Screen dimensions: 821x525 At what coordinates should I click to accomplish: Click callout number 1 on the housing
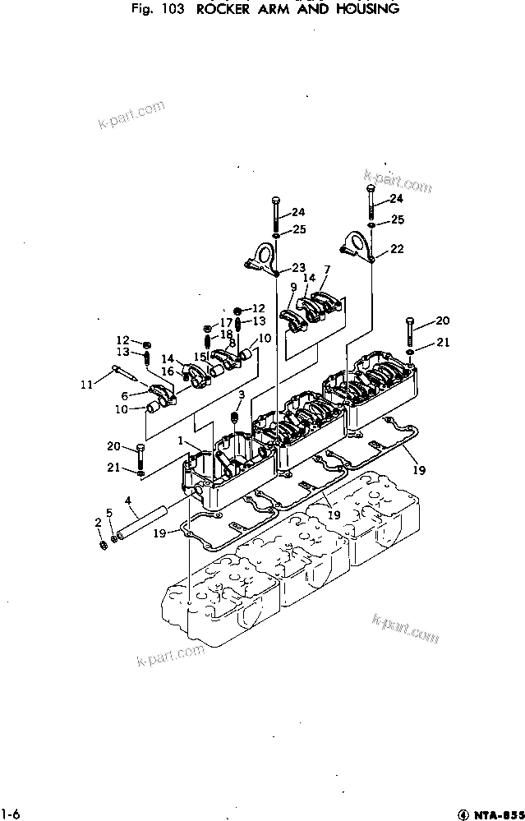180,441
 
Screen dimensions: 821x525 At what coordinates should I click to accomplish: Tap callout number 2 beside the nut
99,522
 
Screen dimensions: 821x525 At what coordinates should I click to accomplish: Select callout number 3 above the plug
242,395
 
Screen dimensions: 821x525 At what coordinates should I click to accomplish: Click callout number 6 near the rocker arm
125,395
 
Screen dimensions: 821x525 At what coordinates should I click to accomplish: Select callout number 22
397,248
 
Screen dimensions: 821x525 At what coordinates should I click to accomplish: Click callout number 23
297,267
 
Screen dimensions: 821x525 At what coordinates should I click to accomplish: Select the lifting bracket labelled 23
263,256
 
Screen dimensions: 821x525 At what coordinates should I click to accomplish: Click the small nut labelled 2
101,546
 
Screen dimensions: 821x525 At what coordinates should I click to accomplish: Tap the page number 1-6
10,814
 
